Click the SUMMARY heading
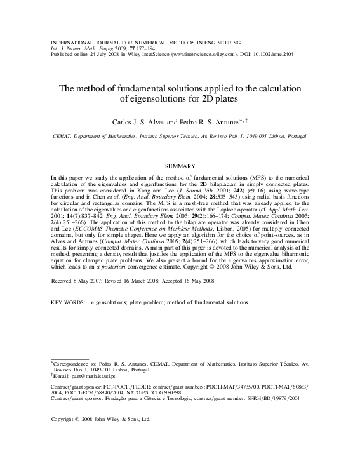pos(180,166)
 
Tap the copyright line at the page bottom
pos(100,419)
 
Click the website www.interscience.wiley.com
pos(196,54)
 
